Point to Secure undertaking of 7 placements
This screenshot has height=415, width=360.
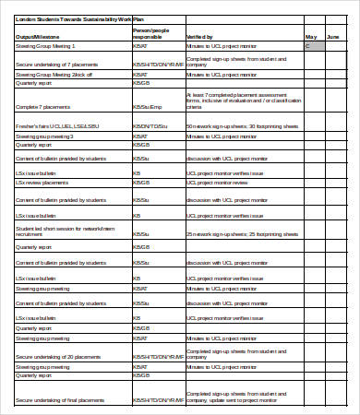pos(55,64)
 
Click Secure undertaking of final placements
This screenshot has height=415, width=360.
pos(59,399)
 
